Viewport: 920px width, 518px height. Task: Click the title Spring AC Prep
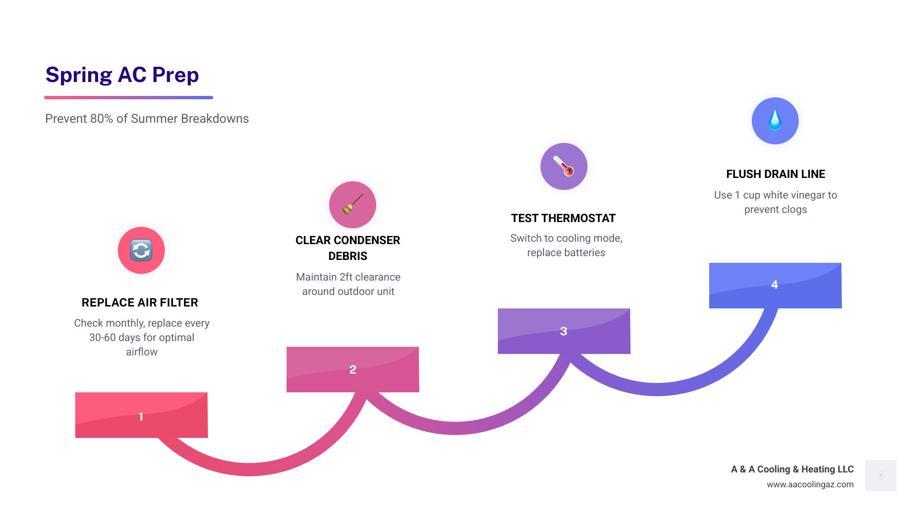[x=122, y=75]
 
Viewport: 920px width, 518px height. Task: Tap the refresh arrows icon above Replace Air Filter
[x=141, y=250]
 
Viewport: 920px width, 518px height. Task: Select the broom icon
[x=352, y=204]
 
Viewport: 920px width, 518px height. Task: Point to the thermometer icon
[x=563, y=166]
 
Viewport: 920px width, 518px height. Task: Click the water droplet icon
[x=775, y=120]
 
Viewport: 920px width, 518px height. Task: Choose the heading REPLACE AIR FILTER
[x=140, y=303]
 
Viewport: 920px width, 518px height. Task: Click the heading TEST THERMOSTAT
[x=563, y=218]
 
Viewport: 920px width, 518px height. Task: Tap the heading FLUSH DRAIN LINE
[x=776, y=174]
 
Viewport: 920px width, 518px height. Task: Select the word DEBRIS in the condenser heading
[x=348, y=256]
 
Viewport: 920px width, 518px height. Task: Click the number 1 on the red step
[x=141, y=416]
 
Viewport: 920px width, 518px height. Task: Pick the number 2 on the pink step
[x=353, y=369]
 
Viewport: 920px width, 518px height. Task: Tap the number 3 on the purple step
[x=563, y=331]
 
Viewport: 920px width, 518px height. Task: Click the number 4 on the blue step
[x=774, y=284]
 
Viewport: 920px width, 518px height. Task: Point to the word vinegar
[x=807, y=195]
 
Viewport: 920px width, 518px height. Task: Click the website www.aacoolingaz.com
[x=810, y=484]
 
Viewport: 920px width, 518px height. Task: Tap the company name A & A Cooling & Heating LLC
[x=793, y=469]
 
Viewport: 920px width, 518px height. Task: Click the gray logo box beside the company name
[x=881, y=475]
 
